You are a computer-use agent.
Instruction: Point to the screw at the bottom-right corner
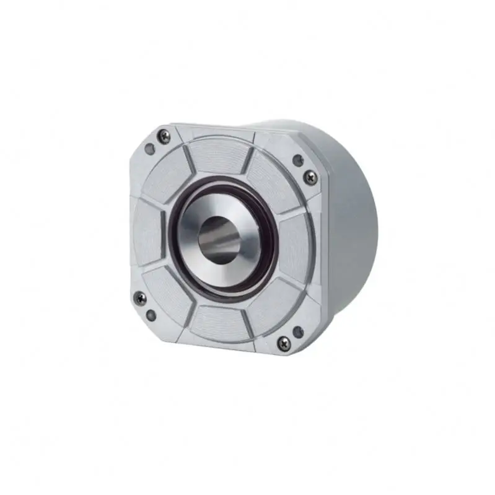tap(283, 340)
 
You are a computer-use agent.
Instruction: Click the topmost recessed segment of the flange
tap(216, 154)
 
